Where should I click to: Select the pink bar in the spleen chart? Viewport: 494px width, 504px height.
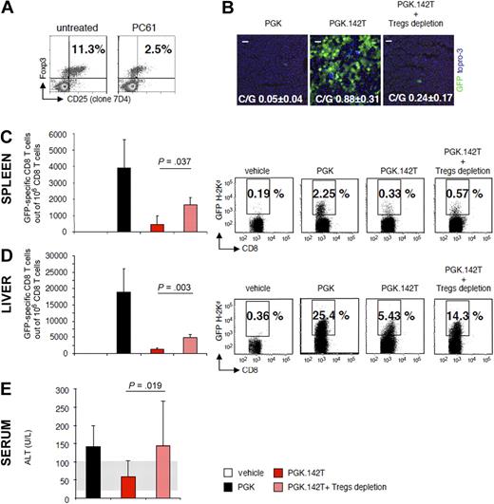pyautogui.click(x=190, y=218)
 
